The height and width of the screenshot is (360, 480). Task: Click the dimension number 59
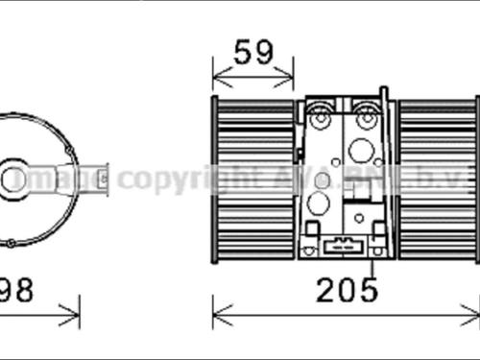(x=253, y=52)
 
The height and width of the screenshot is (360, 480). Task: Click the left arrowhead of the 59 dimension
(x=216, y=74)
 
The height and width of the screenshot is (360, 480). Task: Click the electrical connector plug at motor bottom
(x=343, y=247)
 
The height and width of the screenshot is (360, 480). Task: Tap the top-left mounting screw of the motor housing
(x=320, y=119)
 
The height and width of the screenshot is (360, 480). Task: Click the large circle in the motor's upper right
(x=361, y=150)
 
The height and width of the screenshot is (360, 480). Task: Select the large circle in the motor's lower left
(x=318, y=203)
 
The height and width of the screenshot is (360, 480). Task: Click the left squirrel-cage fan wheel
(x=253, y=179)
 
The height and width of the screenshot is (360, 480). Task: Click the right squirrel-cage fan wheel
(x=437, y=179)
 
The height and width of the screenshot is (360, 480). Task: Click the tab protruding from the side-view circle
(x=95, y=179)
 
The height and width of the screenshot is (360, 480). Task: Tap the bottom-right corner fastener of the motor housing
(x=378, y=228)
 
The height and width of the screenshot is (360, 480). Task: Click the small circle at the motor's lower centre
(x=359, y=218)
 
